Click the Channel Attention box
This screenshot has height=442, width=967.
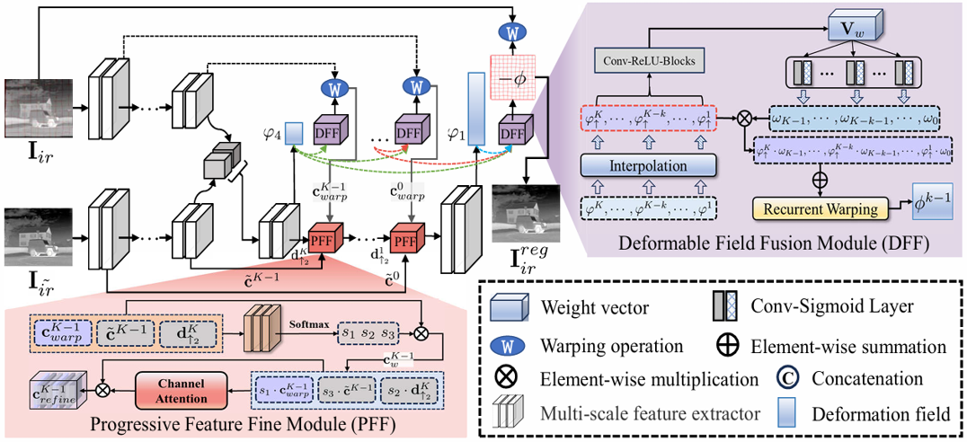pyautogui.click(x=190, y=390)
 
